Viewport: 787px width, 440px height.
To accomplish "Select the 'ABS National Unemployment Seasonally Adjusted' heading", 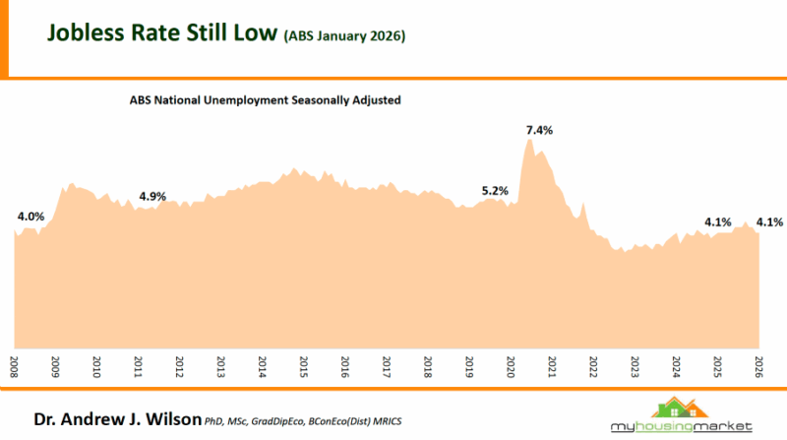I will [x=265, y=100].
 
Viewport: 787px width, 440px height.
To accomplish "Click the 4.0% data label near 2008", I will [x=30, y=216].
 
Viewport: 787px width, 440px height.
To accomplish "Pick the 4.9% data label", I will [x=152, y=196].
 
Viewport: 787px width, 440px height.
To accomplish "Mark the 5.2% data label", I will [x=495, y=190].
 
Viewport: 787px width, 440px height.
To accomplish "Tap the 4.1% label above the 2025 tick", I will [x=717, y=221].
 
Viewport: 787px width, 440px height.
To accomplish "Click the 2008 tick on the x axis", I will [x=15, y=365].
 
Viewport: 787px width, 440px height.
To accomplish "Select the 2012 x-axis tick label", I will [x=180, y=365].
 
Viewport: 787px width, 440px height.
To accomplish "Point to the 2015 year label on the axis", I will [x=304, y=365].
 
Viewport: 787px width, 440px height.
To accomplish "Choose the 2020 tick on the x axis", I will [x=511, y=365].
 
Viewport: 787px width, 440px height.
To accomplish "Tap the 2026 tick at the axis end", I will [x=758, y=365].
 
